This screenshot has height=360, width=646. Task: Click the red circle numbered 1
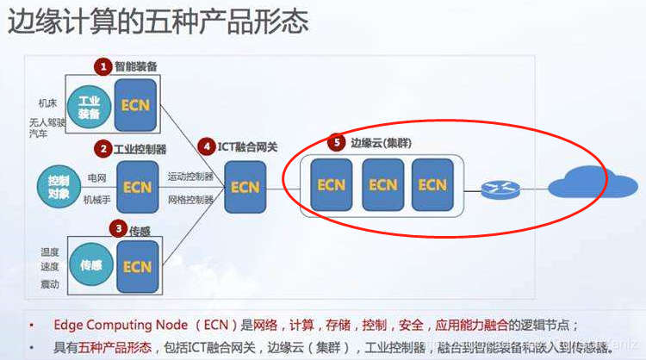click(x=102, y=66)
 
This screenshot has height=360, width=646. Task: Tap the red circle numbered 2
click(x=102, y=148)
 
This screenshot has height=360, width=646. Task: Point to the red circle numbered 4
click(x=208, y=146)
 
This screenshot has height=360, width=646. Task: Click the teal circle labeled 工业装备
click(x=89, y=108)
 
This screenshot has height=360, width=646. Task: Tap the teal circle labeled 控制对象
click(x=58, y=187)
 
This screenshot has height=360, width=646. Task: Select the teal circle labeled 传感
click(x=90, y=264)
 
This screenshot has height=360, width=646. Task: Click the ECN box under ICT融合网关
click(x=245, y=186)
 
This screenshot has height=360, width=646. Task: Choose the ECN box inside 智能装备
click(x=136, y=105)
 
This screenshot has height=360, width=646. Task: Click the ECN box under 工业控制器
click(x=137, y=186)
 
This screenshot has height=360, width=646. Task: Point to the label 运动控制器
click(x=190, y=176)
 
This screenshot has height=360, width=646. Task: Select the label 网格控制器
click(x=190, y=200)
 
